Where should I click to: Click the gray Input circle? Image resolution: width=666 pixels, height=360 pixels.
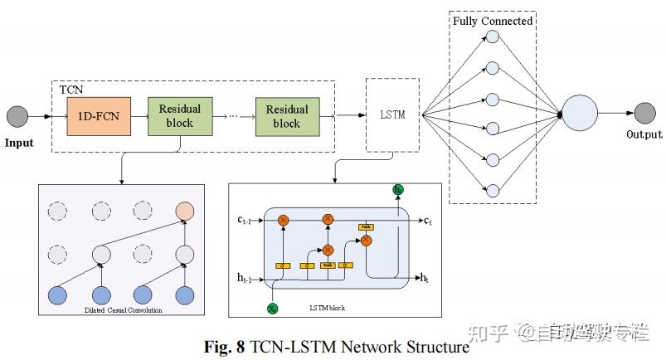pos(17,115)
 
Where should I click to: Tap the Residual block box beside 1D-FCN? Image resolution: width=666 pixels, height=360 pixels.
pos(179,116)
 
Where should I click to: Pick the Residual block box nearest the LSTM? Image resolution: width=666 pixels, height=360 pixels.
pos(286,116)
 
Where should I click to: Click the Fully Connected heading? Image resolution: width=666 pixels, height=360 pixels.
pos(493,20)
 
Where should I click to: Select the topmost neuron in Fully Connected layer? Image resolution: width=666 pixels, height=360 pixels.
pos(491,37)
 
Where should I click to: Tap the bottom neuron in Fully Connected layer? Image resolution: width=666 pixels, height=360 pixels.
pos(491,189)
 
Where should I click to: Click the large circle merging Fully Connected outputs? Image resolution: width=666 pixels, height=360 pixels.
pos(580,114)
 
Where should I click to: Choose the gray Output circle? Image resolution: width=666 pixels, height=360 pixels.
pos(644,114)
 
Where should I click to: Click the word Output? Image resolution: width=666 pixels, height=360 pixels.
pos(644,134)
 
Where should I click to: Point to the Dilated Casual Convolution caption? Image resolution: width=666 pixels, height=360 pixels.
pos(123,310)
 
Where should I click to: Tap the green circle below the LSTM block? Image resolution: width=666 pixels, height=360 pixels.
pos(273,308)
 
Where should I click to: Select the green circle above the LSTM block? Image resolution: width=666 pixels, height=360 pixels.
pos(398,191)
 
